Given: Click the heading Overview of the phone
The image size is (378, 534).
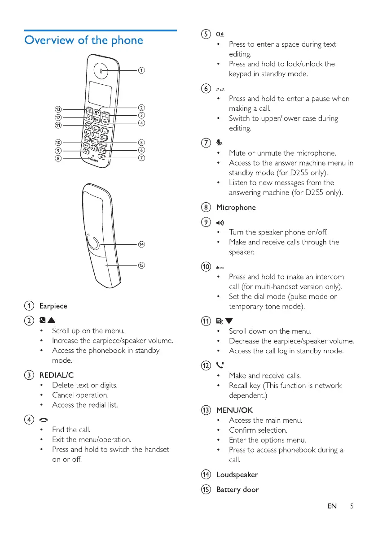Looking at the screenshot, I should point(84,40).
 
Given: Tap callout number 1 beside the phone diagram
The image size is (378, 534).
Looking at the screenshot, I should point(141,70).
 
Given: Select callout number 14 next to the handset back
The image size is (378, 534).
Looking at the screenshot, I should point(141,244).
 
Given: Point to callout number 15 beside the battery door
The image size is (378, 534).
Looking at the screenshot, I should point(141,265).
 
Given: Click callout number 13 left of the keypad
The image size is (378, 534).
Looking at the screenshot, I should point(58,109).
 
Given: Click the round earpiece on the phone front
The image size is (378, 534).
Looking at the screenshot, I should point(102,70).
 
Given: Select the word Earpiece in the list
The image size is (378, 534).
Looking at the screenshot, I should point(53,306).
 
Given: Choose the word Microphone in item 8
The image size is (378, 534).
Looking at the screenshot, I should point(236,208).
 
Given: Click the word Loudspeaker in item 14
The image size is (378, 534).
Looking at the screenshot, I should point(237,474).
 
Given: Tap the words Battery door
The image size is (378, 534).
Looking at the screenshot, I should point(237,490).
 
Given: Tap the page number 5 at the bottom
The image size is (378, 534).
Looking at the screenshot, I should point(352,506).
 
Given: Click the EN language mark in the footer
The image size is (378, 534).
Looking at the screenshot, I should point(332,506).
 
